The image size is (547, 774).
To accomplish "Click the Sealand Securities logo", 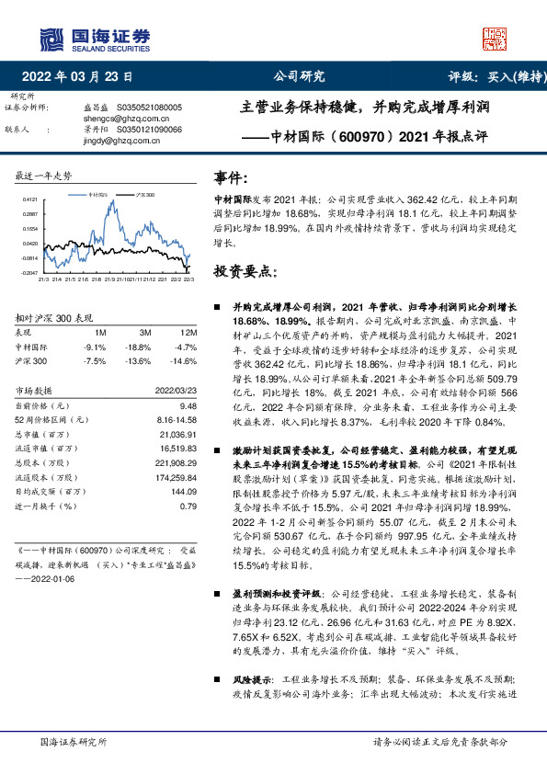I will click(x=93, y=39).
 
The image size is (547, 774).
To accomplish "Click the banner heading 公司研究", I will click(x=300, y=76).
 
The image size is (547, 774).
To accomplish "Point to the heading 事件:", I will click(x=230, y=176).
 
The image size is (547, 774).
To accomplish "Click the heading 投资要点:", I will click(x=244, y=271).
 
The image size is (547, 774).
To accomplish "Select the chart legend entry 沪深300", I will click(x=145, y=196).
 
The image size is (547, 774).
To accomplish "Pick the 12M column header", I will click(x=189, y=331).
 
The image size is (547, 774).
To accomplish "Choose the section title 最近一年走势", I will click(x=44, y=175).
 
